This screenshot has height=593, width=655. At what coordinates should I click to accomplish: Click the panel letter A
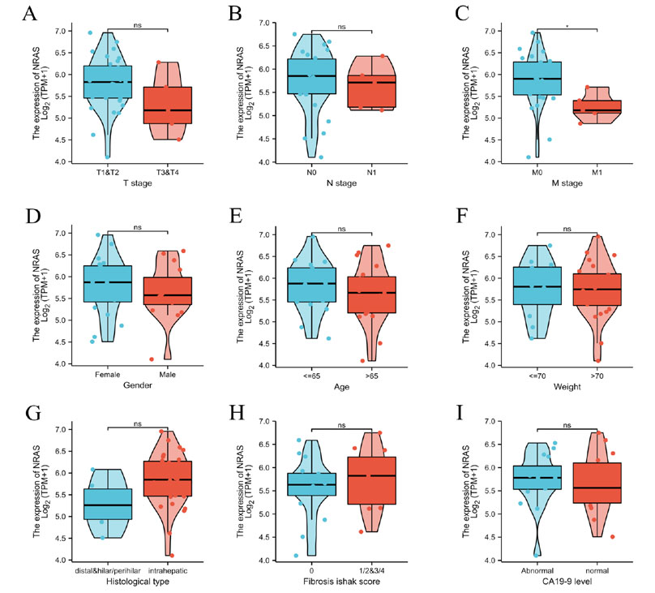(30, 15)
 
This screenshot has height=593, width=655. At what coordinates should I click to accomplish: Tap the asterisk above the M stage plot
(567, 26)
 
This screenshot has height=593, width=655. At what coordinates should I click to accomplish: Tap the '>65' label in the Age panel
(372, 375)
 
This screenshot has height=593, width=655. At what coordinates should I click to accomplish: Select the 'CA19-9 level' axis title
(566, 584)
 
